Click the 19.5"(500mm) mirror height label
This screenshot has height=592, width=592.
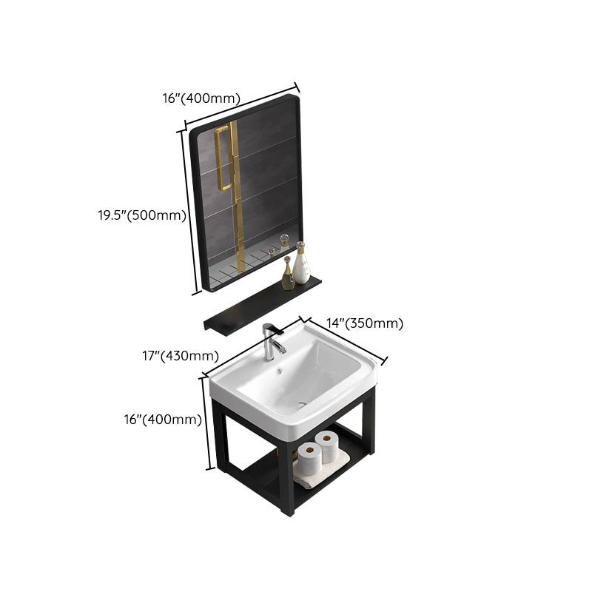pos(142,215)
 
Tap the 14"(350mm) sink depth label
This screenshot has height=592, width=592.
pos(365,323)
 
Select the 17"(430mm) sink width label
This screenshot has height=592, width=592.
pos(181,356)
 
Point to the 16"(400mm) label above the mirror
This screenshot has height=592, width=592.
pos(201,98)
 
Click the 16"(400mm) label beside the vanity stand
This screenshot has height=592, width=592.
pos(163,419)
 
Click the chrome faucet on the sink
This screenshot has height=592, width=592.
pos(272,341)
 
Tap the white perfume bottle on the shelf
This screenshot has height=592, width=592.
pos(301,263)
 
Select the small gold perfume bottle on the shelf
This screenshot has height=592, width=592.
pos(288,273)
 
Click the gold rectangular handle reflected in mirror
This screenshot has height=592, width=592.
pos(222,158)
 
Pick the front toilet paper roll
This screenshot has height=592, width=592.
pos(309,459)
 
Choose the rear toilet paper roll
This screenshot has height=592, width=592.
pos(327,446)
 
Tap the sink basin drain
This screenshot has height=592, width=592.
pos(301,405)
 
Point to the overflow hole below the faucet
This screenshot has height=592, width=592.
pos(280,371)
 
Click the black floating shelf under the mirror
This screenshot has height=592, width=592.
pos(263,306)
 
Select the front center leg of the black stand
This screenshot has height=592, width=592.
pos(287,477)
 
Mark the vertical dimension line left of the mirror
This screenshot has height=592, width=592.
pos(189,212)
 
